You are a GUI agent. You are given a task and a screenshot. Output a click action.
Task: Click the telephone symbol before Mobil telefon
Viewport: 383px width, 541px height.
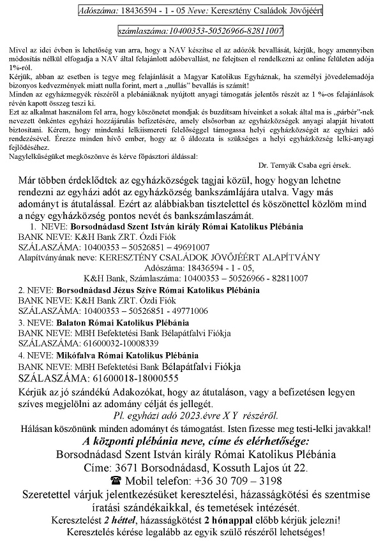(116, 480)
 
